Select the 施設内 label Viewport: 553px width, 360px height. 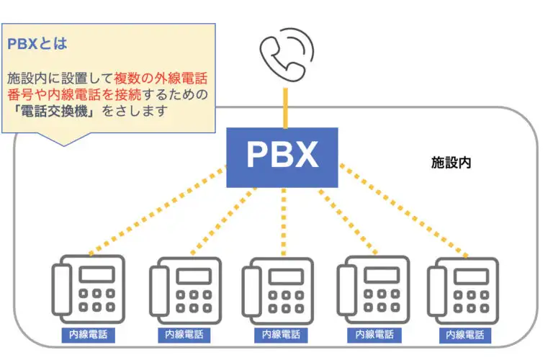pos(451,163)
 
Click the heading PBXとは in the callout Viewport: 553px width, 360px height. pos(37,43)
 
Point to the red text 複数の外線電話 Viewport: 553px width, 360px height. pos(161,77)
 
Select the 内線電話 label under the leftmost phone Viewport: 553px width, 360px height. pos(88,335)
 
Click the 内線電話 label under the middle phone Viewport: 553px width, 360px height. pos(281,335)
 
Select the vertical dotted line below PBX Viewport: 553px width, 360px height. pos(284,220)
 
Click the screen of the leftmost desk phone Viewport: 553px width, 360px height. pos(96,274)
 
